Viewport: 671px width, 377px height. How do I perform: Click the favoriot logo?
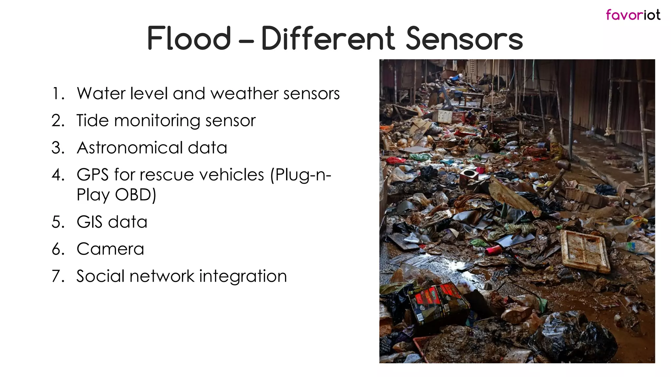coord(633,15)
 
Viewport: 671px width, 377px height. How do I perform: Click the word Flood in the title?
coord(189,39)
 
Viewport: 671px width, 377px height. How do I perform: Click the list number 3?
coord(58,148)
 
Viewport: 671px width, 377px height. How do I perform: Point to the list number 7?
coord(58,276)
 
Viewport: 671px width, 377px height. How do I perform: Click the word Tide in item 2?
coord(92,120)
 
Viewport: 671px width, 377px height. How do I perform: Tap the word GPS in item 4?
coord(92,174)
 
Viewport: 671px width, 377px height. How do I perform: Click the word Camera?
coord(110,249)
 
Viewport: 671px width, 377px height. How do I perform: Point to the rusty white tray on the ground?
coord(585,251)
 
